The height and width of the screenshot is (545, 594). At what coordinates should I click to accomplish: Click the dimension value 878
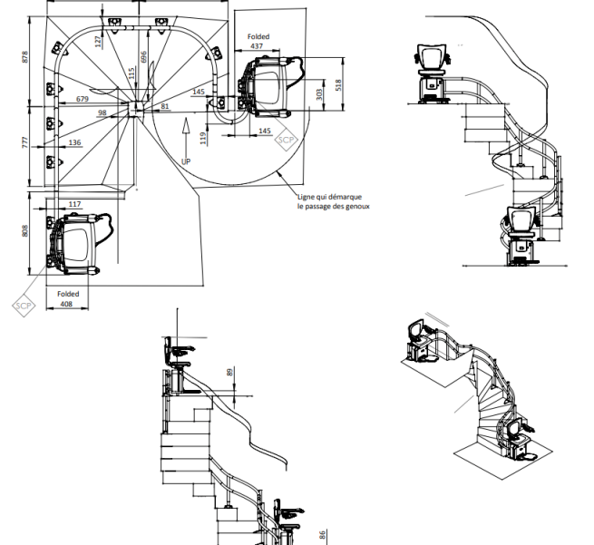25,57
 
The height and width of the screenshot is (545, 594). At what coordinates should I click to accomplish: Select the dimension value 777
25,142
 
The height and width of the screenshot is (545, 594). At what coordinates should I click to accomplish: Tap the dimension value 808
25,230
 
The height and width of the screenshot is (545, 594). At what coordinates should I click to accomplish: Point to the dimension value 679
83,99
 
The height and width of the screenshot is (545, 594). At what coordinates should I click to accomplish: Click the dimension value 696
143,57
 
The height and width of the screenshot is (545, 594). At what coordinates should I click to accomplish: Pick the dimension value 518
338,85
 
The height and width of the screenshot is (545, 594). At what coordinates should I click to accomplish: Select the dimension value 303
319,94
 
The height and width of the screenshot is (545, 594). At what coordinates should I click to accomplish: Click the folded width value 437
257,46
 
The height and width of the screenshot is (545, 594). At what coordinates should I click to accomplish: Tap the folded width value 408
66,304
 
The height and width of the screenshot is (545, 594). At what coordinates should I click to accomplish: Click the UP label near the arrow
186,161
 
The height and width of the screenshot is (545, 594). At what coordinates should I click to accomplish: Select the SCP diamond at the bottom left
24,306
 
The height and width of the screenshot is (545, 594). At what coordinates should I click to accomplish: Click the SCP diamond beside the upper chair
286,140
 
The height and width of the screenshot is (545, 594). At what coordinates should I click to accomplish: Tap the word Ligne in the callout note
307,197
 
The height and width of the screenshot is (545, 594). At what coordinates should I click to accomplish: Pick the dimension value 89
230,373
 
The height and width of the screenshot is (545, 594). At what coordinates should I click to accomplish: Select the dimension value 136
74,142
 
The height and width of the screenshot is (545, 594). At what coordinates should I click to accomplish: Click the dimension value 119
203,138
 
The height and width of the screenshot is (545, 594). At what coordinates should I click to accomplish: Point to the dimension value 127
99,42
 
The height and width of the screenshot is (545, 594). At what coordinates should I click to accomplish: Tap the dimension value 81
165,106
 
